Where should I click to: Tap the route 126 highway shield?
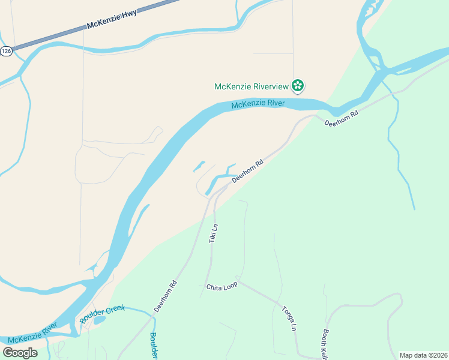tap(6, 52)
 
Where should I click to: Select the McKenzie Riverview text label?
tap(252, 86)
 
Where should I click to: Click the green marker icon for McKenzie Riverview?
tap(297, 86)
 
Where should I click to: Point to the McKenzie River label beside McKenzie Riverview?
tap(258, 104)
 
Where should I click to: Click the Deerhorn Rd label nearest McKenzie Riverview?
tap(341, 118)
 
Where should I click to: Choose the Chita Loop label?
tap(221, 286)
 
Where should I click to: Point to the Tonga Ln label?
tap(289, 318)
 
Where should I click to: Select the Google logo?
tap(20, 352)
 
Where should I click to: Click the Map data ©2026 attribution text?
tap(423, 355)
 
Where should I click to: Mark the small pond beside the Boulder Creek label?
tap(100, 320)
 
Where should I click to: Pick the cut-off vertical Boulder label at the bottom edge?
tap(154, 346)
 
